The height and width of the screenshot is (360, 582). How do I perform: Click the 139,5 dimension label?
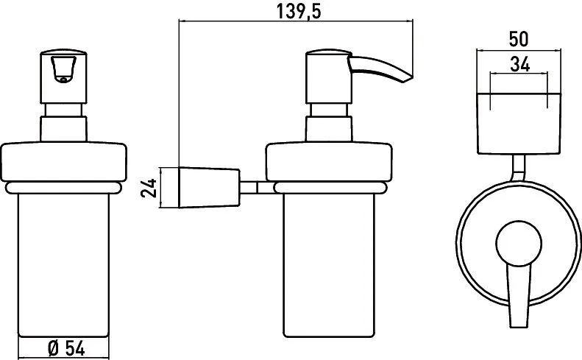click(299, 12)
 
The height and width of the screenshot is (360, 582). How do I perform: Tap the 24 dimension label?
click(149, 188)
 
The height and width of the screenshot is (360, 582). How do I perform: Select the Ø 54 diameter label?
click(66, 348)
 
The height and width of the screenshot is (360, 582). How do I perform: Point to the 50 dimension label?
click(519, 39)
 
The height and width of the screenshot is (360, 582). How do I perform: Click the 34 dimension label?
click(519, 64)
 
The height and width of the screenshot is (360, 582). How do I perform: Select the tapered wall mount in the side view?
click(209, 188)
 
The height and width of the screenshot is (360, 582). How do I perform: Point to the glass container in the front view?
click(63, 265)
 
